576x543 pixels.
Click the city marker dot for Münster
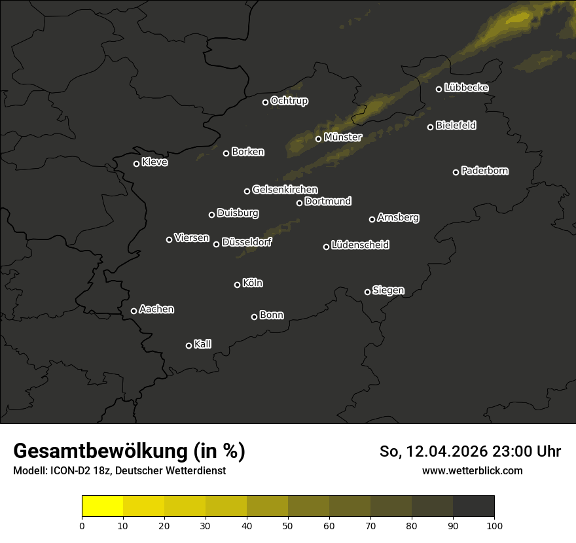(319, 139)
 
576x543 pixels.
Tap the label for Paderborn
(485, 171)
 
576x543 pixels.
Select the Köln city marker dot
(238, 285)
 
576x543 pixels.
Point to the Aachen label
(156, 309)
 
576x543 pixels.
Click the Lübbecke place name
(466, 88)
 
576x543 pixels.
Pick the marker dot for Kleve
(137, 164)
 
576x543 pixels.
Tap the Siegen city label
(388, 290)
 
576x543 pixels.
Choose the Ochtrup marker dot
(266, 102)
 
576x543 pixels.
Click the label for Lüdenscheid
(360, 245)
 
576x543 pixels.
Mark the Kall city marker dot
(189, 345)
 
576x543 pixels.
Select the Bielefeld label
(456, 126)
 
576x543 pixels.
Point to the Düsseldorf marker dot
(217, 244)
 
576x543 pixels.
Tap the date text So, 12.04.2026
(433, 451)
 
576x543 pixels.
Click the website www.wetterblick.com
(472, 470)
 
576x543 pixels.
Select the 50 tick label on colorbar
(288, 525)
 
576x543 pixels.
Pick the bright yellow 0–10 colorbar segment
(103, 506)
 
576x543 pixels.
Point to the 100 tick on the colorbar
(494, 525)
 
